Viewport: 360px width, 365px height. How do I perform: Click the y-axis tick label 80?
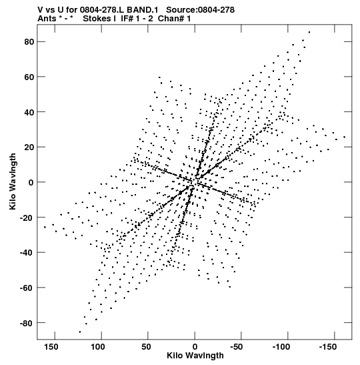29,42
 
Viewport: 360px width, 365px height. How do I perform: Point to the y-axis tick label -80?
27,323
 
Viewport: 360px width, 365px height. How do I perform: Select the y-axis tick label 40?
29,112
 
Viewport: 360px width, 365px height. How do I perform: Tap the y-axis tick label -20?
27,218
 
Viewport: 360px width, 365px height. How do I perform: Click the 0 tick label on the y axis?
31,183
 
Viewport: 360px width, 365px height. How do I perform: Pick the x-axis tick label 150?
51,347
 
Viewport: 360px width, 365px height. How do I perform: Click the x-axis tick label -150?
328,347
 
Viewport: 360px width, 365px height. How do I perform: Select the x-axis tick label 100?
97,347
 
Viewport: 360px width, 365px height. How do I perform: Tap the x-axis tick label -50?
237,347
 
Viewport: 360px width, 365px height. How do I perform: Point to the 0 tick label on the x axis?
195,347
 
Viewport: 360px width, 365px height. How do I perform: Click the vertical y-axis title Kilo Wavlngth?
13,181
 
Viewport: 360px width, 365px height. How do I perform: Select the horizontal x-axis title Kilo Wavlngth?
195,356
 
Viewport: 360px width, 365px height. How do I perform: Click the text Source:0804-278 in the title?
200,10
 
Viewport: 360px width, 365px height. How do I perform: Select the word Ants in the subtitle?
47,19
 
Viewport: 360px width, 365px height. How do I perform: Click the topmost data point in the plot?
309,32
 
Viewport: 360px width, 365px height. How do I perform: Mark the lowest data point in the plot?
80,332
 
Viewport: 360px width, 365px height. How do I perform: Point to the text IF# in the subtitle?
127,19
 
